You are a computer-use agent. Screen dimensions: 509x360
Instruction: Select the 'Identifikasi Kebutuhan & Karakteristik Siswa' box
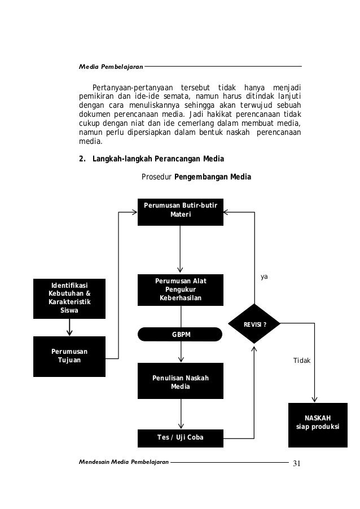pyautogui.click(x=69, y=298)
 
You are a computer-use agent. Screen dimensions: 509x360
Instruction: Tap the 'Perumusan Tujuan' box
pyautogui.click(x=69, y=357)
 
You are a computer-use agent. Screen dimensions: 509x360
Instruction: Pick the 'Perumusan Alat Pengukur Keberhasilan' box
pyautogui.click(x=180, y=289)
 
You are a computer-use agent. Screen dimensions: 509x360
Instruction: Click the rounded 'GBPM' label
pyautogui.click(x=180, y=334)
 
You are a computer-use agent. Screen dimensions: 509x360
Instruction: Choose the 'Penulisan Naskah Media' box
pyautogui.click(x=180, y=382)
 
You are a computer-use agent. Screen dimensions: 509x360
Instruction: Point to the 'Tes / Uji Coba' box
pyautogui.click(x=180, y=437)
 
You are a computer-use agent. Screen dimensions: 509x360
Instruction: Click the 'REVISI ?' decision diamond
pyautogui.click(x=254, y=324)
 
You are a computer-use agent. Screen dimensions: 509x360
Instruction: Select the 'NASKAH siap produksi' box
pyautogui.click(x=318, y=424)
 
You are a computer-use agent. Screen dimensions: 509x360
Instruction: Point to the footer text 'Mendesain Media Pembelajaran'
pyautogui.click(x=124, y=462)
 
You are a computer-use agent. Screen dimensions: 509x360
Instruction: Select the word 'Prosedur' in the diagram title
pyautogui.click(x=156, y=178)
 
